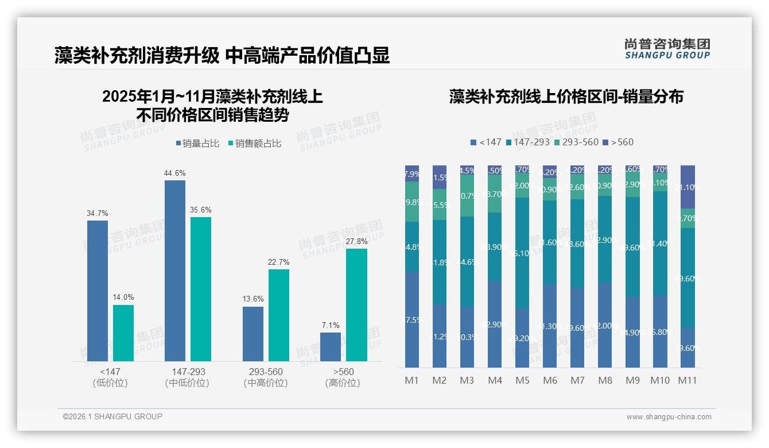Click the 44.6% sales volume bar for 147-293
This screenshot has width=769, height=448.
pyautogui.click(x=175, y=271)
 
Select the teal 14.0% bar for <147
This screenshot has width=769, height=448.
pyautogui.click(x=123, y=333)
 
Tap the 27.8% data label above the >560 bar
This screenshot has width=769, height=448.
pyautogui.click(x=357, y=242)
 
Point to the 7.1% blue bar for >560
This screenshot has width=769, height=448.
pyautogui.click(x=331, y=347)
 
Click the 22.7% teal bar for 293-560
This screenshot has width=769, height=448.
pyautogui.click(x=279, y=315)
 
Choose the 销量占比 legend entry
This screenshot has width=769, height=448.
pyautogui.click(x=197, y=144)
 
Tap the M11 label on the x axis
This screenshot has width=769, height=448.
pyautogui.click(x=687, y=380)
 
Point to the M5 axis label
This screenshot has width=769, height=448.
pyautogui.click(x=522, y=380)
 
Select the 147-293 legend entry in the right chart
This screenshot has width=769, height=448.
pyautogui.click(x=528, y=142)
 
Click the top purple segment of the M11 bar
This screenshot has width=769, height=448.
pyautogui.click(x=688, y=187)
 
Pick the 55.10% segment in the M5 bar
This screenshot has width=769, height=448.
pyautogui.click(x=522, y=253)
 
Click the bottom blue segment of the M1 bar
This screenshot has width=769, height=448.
pyautogui.click(x=412, y=319)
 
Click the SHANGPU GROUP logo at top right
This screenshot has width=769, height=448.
pyautogui.click(x=667, y=49)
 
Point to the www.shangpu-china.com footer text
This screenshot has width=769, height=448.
pyautogui.click(x=669, y=417)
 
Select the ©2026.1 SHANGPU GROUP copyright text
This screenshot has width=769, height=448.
pyautogui.click(x=112, y=416)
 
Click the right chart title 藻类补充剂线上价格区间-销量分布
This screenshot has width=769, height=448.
pyautogui.click(x=566, y=96)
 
